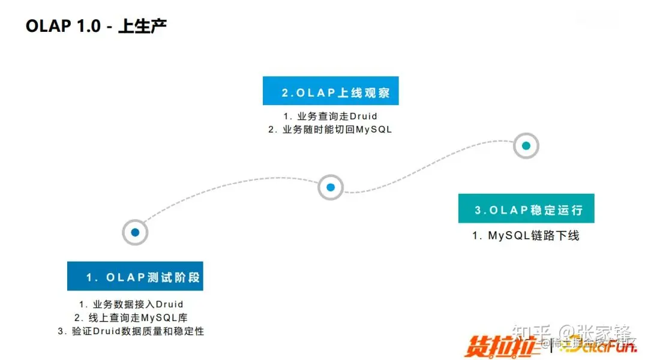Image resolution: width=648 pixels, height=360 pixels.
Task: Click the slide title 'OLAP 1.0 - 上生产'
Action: click(96, 27)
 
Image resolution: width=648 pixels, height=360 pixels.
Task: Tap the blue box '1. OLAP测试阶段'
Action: click(139, 277)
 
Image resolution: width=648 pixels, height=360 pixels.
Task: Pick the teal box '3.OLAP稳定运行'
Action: click(526, 209)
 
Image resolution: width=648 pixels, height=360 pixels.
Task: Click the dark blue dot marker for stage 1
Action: click(135, 232)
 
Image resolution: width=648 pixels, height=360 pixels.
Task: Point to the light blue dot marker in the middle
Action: click(331, 187)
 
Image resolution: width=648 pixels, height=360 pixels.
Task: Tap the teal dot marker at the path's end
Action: click(526, 146)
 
